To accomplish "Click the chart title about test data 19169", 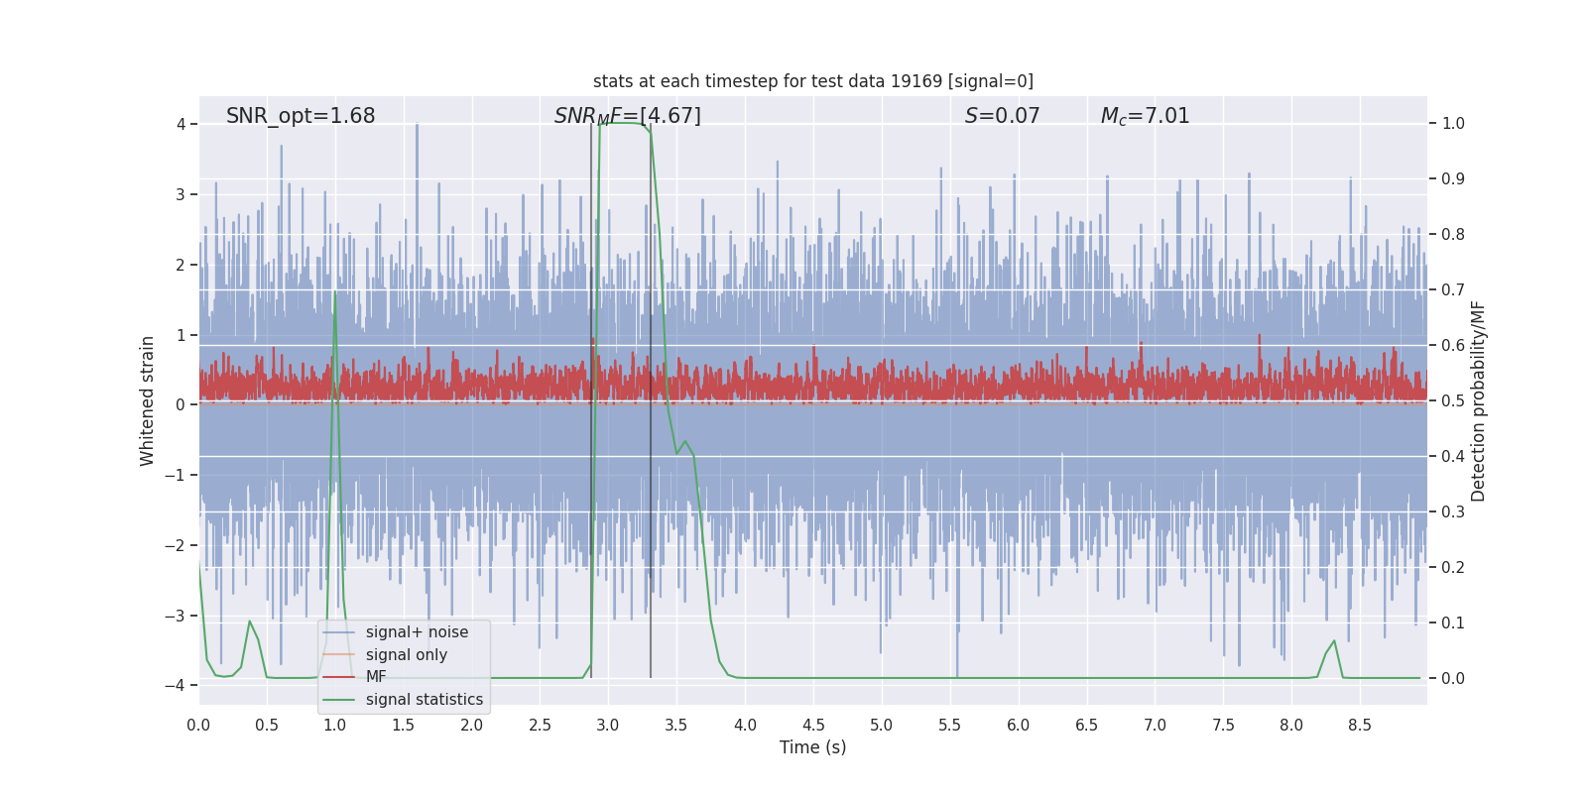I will pos(812,81).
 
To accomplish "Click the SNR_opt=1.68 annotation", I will pos(301,116).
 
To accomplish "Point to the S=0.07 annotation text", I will pos(1002,116).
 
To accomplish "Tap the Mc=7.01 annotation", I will pos(1145,116).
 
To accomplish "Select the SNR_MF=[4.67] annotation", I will pos(627,116).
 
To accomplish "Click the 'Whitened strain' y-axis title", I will pos(148,400).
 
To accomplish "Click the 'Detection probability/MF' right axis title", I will pos(1478,400).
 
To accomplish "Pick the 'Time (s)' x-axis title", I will pos(812,747).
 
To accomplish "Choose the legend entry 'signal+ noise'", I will pos(417,632).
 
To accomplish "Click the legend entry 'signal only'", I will pos(406,655).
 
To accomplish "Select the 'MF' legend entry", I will pos(376,677).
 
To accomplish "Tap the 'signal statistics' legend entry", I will pos(424,700).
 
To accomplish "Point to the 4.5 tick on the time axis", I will pos(813,725).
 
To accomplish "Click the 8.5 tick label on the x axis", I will pos(1360,725).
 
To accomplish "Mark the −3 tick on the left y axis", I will pos(180,616).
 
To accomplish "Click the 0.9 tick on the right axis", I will pos(1453,179).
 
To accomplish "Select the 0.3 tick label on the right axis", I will pos(1453,512).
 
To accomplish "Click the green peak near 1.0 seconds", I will pos(335,293).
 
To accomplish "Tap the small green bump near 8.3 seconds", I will pos(1334,642).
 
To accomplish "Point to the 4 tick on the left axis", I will pos(182,124).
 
